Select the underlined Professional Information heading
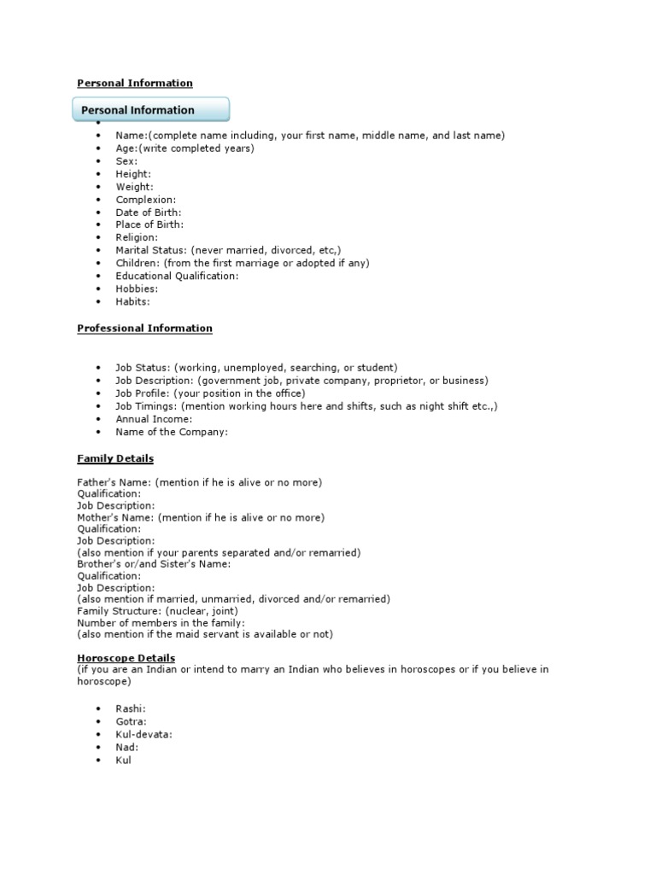144,328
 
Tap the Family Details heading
115,458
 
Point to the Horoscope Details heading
126,658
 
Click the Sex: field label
126,160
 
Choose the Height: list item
133,173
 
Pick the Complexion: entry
146,199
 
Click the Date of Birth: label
149,212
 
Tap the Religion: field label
137,237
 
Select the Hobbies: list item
137,288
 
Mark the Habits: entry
133,301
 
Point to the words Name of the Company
171,432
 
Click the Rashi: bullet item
131,708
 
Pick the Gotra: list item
132,721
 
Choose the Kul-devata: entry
143,734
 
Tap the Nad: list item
127,747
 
